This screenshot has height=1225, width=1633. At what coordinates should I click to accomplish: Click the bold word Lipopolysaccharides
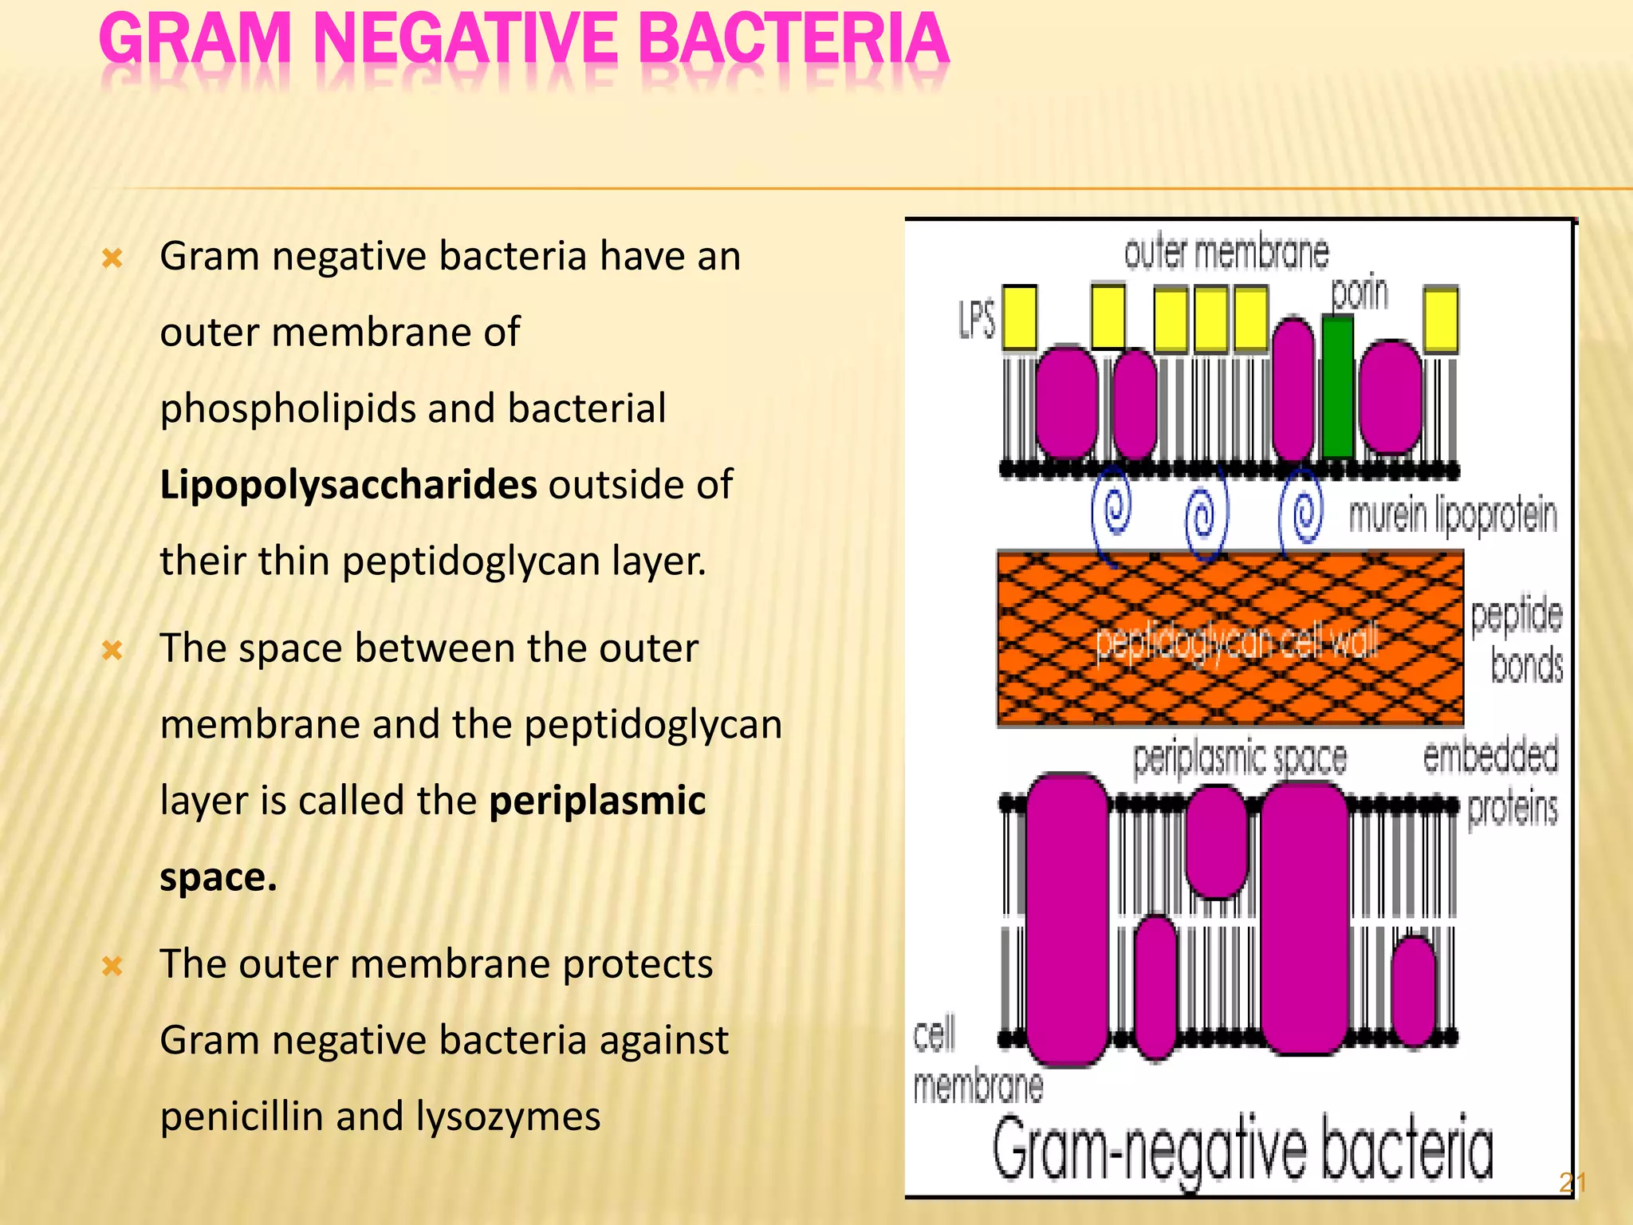pyautogui.click(x=348, y=485)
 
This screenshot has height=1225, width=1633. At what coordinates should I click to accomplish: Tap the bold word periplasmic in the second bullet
pyautogui.click(x=597, y=801)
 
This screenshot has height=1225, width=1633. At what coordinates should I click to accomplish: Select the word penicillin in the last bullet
pyautogui.click(x=242, y=1116)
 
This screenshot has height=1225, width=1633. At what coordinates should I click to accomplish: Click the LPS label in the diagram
pyautogui.click(x=977, y=321)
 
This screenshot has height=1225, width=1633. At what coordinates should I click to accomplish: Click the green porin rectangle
pyautogui.click(x=1337, y=387)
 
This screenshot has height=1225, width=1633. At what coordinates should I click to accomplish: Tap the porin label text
pyautogui.click(x=1360, y=293)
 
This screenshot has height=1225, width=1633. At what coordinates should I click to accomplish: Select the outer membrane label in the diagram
pyautogui.click(x=1226, y=253)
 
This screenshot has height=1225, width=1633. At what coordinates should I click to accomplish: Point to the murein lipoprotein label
pyautogui.click(x=1452, y=514)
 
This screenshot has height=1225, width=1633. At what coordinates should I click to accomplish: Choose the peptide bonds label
pyautogui.click(x=1517, y=640)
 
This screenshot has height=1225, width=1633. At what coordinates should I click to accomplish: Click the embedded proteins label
pyautogui.click(x=1491, y=782)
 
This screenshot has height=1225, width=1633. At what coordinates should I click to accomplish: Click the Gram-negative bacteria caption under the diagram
pyautogui.click(x=1242, y=1150)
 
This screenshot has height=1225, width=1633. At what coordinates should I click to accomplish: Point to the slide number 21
pyautogui.click(x=1572, y=1182)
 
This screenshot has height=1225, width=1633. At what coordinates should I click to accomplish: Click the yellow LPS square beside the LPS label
pyautogui.click(x=1019, y=317)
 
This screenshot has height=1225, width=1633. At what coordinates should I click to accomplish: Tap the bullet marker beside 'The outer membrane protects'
pyautogui.click(x=112, y=967)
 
